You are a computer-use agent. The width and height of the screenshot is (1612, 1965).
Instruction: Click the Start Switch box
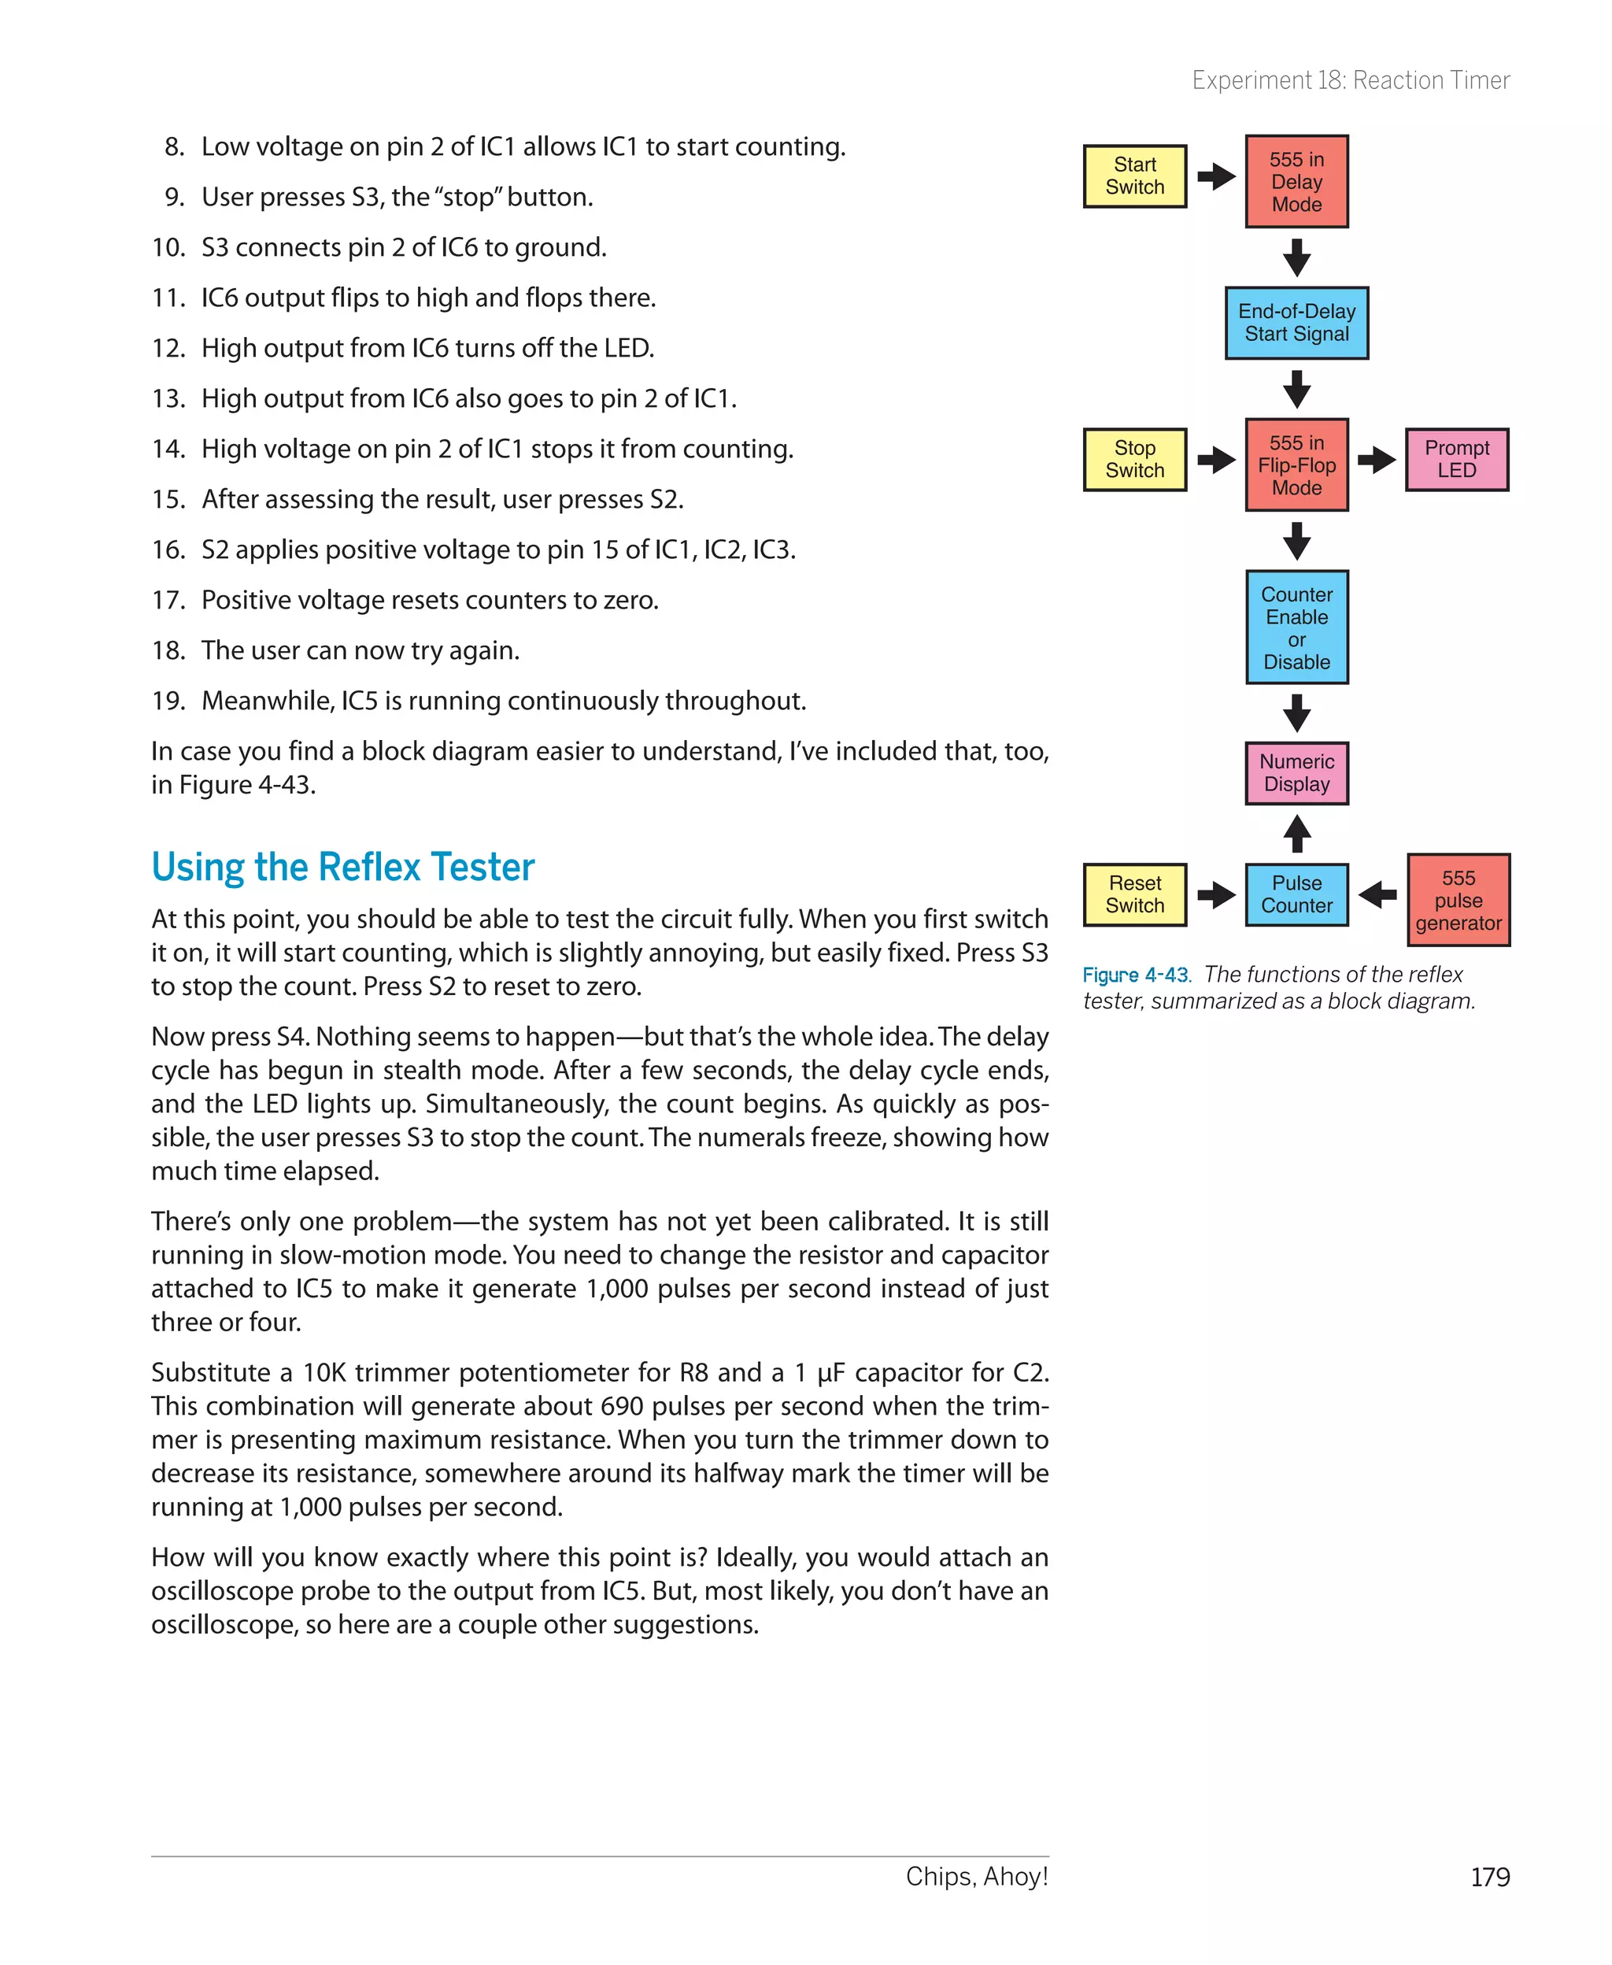(x=1135, y=176)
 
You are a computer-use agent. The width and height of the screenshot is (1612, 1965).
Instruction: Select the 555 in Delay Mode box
(x=1296, y=181)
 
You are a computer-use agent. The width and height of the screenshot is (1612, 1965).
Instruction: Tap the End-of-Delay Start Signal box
(x=1296, y=323)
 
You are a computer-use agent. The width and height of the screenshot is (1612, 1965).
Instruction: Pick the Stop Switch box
(x=1135, y=460)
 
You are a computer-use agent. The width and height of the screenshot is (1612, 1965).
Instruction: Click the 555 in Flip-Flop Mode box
(x=1296, y=464)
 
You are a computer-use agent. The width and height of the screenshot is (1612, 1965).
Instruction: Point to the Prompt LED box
(x=1457, y=460)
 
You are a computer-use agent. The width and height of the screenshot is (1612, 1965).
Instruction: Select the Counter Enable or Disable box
(x=1296, y=627)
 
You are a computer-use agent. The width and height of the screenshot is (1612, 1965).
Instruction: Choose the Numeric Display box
(x=1296, y=772)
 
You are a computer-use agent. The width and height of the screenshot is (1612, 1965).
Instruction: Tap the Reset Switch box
(x=1135, y=894)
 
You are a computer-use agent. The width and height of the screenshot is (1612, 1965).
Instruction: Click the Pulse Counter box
(x=1296, y=894)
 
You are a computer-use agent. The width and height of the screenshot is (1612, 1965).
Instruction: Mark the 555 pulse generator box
(x=1458, y=900)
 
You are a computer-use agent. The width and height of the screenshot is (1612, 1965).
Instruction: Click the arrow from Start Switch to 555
(x=1215, y=176)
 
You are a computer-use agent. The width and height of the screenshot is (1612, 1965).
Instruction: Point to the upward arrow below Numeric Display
(x=1296, y=833)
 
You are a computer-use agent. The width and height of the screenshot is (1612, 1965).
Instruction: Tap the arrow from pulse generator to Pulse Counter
(x=1377, y=894)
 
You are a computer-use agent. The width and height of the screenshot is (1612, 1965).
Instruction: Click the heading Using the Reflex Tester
(x=342, y=868)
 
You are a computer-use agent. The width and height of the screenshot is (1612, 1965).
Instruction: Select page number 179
(x=1489, y=1877)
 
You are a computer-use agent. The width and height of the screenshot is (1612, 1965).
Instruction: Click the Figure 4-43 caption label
(x=1136, y=975)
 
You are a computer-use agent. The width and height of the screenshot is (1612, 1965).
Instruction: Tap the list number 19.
(x=168, y=701)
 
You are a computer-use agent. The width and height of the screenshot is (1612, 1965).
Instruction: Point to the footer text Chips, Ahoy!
(x=977, y=1877)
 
